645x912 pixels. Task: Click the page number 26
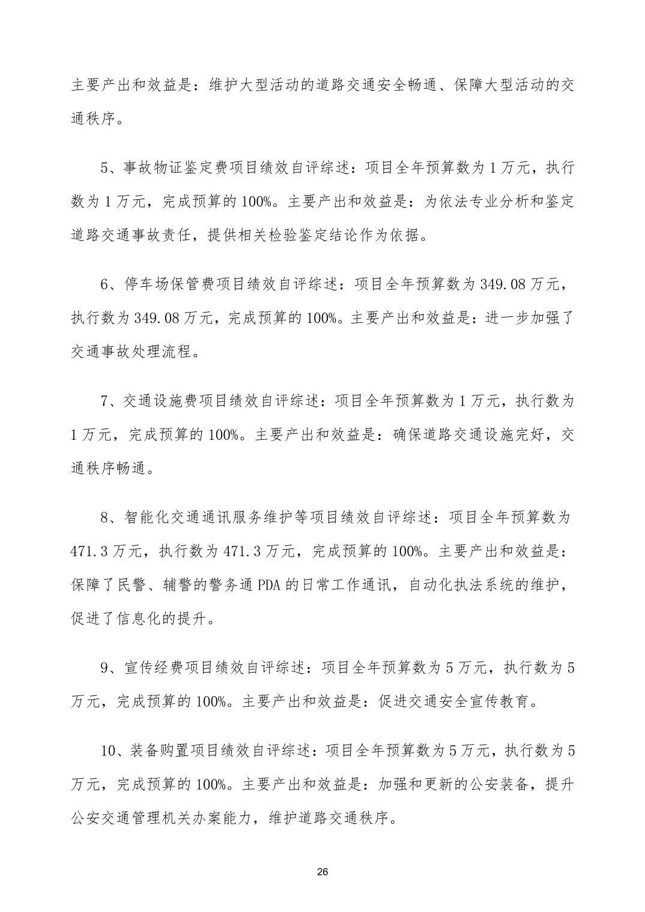click(x=322, y=871)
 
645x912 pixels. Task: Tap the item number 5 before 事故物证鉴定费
click(x=104, y=167)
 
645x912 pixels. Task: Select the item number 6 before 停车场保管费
click(x=104, y=284)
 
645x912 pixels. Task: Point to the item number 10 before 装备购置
click(x=108, y=751)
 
